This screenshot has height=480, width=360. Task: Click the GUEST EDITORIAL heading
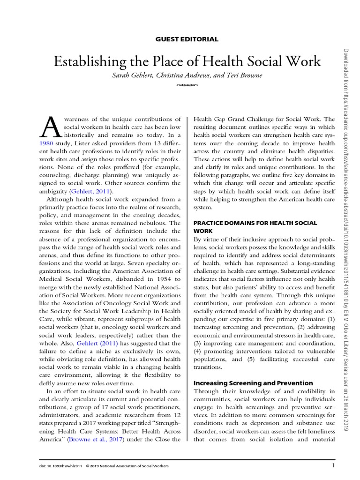tap(187, 39)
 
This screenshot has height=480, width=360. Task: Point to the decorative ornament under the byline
tap(187, 85)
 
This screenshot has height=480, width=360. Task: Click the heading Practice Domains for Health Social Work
tap(255, 227)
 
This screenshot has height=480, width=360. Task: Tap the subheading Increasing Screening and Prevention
tap(253, 383)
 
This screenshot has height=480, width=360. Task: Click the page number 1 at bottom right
tap(333, 465)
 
